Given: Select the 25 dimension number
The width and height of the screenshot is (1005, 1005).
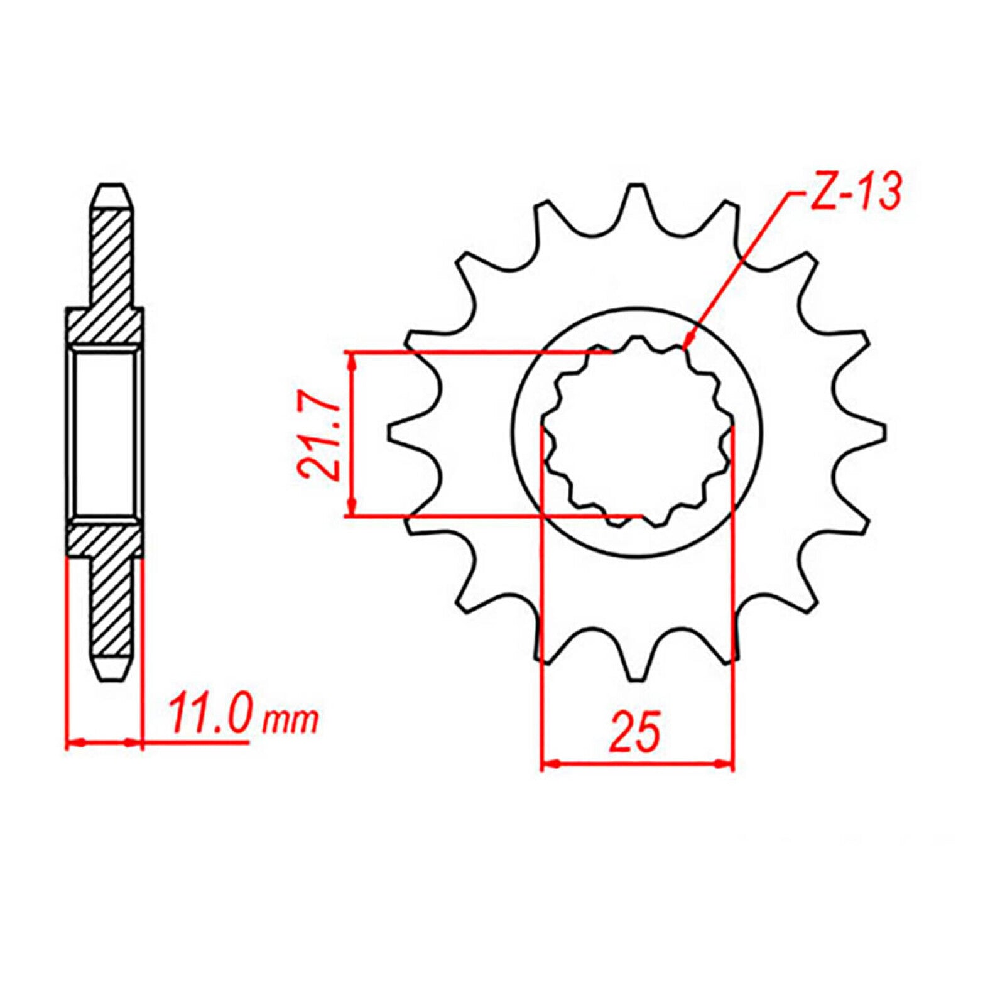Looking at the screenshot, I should click(x=635, y=732).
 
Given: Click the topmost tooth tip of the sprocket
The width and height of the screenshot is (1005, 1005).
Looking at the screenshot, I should click(x=637, y=186).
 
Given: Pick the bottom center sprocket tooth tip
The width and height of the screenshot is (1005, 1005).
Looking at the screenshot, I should click(x=637, y=677).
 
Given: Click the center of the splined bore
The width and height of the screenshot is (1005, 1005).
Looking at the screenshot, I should click(x=637, y=432).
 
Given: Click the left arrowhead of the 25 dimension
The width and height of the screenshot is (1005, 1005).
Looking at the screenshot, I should click(x=548, y=764).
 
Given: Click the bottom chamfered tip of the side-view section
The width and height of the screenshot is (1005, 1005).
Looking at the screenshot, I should click(x=112, y=676).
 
